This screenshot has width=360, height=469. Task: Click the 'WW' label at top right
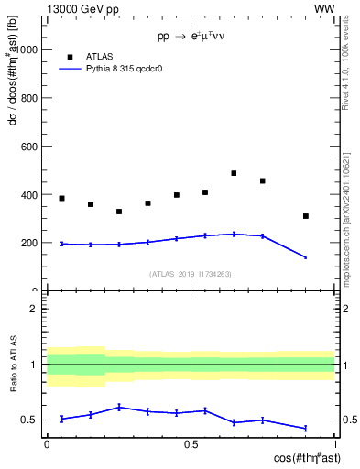323,8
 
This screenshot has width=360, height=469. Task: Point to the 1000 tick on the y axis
28,49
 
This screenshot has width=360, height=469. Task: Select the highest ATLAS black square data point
234,173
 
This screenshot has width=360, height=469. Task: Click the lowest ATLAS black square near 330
119,212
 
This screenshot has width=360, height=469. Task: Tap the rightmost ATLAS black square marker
306,216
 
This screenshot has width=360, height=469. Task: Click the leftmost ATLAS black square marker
61,198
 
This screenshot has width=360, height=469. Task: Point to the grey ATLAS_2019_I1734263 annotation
191,273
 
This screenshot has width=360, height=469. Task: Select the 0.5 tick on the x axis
191,443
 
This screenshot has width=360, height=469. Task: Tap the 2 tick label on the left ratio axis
35,309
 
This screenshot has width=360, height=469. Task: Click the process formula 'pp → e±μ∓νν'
191,38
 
